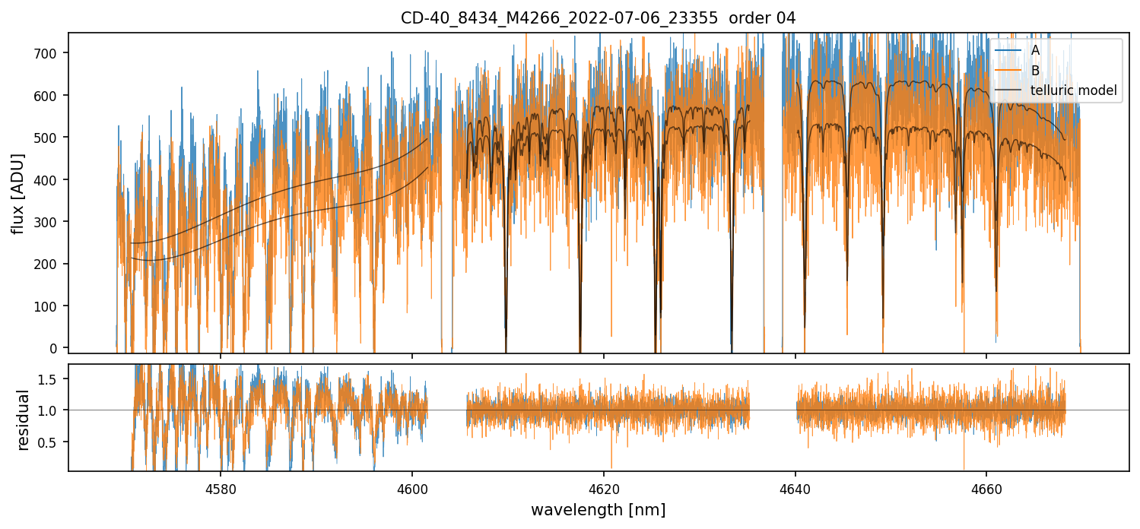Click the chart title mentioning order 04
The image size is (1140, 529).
[598, 18]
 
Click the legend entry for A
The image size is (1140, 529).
[1035, 51]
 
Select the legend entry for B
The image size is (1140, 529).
[1035, 71]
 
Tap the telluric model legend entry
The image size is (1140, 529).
[1073, 90]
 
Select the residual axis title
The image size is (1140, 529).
[23, 420]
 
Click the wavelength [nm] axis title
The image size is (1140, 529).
[598, 509]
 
